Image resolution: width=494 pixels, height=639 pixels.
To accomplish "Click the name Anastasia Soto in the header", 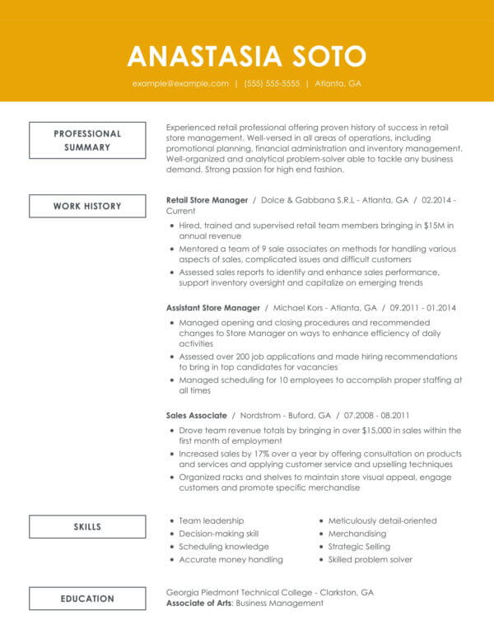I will coord(246,55).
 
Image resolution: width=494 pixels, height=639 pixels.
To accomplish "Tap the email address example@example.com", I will coord(180,84).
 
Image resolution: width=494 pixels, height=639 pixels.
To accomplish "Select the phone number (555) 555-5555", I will coord(272,84).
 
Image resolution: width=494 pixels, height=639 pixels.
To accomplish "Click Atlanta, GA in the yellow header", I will coord(338,84).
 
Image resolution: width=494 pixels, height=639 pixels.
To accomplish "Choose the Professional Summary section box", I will coord(87,140).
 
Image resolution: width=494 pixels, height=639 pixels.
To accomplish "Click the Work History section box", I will coord(87,206).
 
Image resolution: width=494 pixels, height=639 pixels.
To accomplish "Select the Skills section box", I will coord(87,527).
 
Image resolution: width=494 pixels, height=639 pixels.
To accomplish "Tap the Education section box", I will coord(87,599).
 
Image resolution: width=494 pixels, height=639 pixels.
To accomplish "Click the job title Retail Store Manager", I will coord(207,200).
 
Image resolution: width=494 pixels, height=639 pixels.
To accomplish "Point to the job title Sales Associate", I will coord(196,415).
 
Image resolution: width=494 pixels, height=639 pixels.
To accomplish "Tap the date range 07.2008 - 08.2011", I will coord(377,415).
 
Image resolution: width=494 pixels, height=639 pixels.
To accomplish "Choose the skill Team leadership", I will coord(212,521).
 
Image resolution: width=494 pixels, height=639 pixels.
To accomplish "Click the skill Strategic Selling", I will coord(360,547).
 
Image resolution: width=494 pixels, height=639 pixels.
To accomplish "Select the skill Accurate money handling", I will coord(231,559).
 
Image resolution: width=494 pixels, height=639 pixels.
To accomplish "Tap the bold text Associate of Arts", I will coord(200,604).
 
